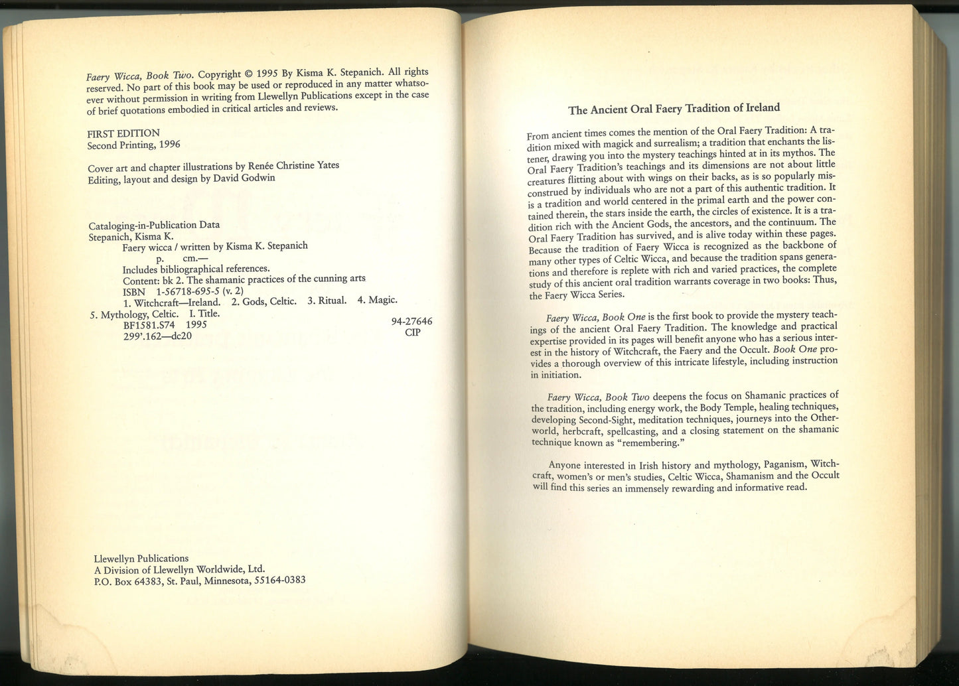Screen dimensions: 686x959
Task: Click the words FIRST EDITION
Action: tap(123, 133)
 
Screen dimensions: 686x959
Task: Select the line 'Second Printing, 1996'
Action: tap(133, 145)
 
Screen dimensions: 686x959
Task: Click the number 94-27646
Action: tap(411, 321)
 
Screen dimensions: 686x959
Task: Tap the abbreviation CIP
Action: tap(412, 332)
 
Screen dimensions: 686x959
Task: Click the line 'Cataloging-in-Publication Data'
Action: tap(153, 224)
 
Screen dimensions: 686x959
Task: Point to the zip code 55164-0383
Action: tap(279, 580)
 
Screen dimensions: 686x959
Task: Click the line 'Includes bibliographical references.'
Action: tap(196, 268)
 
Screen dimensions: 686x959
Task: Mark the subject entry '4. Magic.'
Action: tap(377, 300)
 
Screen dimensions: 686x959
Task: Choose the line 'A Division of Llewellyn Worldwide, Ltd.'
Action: tap(177, 569)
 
